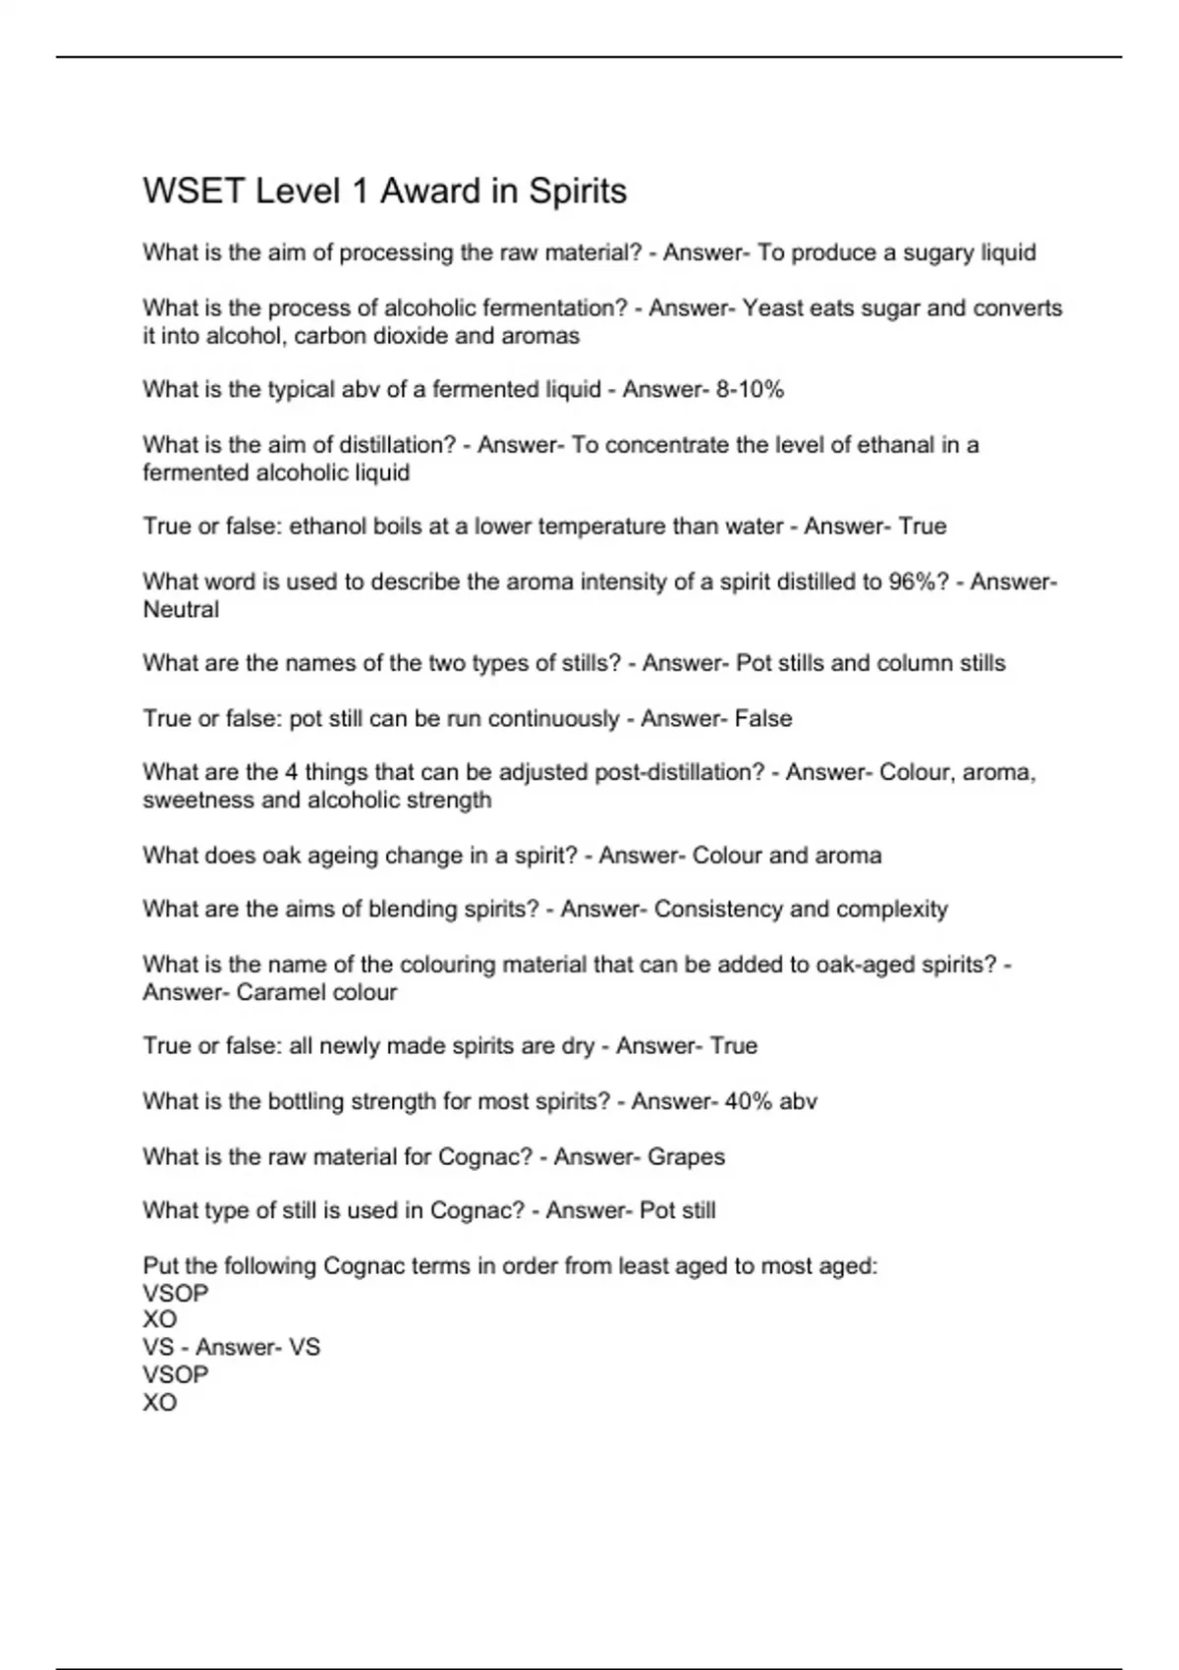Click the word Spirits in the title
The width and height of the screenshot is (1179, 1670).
tap(578, 191)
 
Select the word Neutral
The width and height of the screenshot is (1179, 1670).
tap(181, 609)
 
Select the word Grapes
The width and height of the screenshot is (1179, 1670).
tap(686, 1156)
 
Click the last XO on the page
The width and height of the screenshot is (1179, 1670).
tap(160, 1403)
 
